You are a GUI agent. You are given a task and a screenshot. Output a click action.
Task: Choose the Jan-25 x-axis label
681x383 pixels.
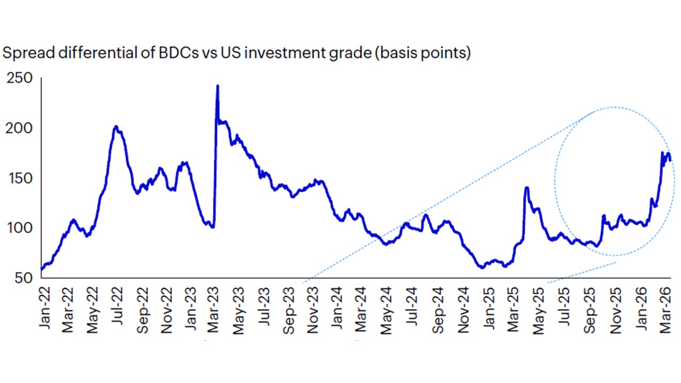point(488,310)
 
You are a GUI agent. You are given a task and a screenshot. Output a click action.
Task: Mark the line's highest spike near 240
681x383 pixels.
point(218,86)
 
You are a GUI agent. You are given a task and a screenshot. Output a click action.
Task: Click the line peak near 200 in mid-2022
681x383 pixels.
point(116,127)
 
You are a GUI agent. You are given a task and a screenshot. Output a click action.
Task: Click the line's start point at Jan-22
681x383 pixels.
point(41,269)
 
